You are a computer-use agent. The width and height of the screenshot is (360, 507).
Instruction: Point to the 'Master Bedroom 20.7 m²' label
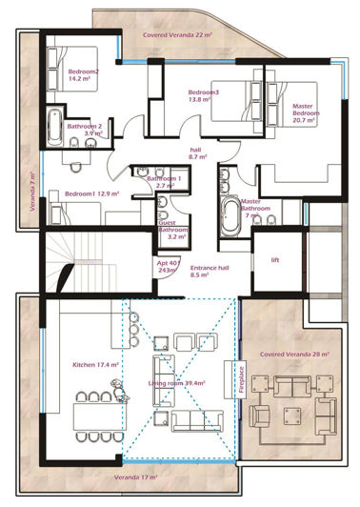(306, 112)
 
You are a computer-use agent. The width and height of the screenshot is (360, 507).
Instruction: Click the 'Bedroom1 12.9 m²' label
(91, 194)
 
